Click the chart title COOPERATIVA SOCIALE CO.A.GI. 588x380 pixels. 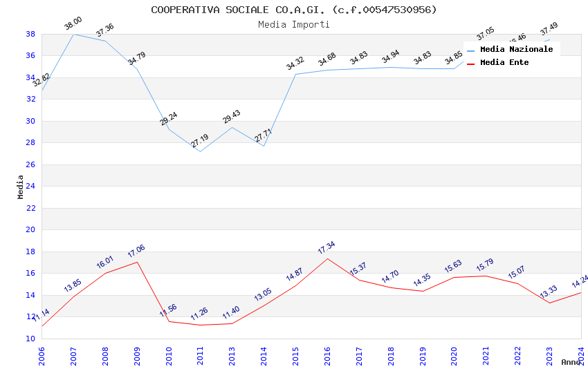tap(294, 10)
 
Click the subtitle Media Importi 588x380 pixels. tap(294, 24)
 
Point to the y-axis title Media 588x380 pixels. tap(21, 187)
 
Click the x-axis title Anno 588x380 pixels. tap(571, 362)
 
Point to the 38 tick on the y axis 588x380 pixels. tap(30, 34)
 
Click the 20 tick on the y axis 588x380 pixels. tap(30, 229)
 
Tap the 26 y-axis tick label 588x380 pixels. tap(30, 164)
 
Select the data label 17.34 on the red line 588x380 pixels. tap(326, 248)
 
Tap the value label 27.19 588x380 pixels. tap(199, 141)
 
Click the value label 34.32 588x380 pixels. tap(295, 64)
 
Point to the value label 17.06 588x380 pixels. tap(136, 251)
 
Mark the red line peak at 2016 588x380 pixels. tap(327, 258)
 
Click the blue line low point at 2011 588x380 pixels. tap(200, 151)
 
